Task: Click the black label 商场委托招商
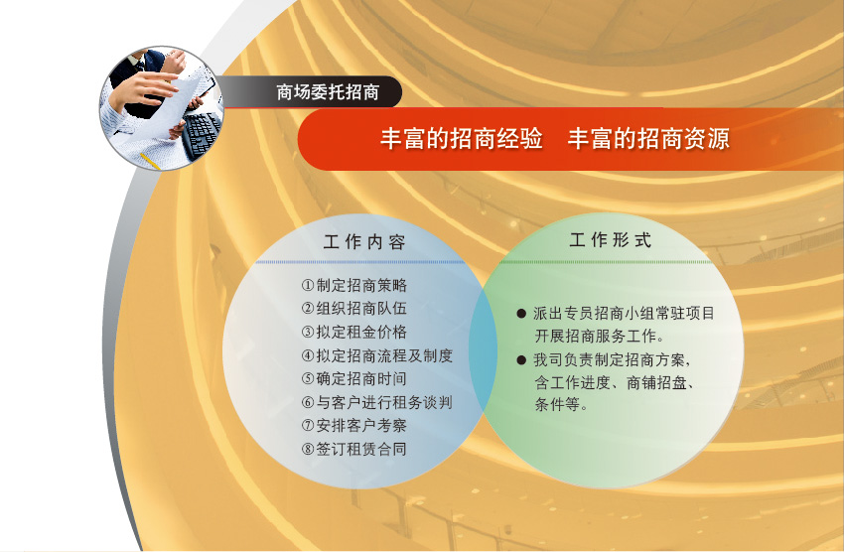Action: (x=328, y=92)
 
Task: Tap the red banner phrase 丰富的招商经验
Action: (x=462, y=138)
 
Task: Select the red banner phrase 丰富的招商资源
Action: (x=648, y=138)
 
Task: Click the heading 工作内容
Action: (x=364, y=242)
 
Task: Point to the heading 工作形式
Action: (x=611, y=240)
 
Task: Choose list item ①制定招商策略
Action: (x=354, y=285)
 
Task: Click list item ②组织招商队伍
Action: (x=354, y=309)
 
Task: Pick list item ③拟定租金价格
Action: (x=354, y=332)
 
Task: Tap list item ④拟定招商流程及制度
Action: (x=377, y=355)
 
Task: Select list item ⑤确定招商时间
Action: (x=354, y=379)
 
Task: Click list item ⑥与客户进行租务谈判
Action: (x=377, y=402)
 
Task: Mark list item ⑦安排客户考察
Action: (x=354, y=426)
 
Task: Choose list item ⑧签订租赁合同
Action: (x=354, y=449)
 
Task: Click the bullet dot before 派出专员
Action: (x=521, y=313)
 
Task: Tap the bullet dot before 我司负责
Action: (x=521, y=359)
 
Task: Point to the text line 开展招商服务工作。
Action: (x=600, y=337)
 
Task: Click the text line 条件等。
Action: (x=561, y=404)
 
